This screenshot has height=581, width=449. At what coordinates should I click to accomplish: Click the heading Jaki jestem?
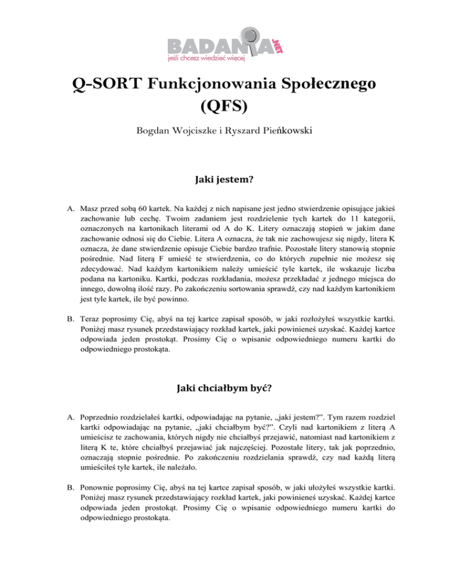[224, 198]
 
